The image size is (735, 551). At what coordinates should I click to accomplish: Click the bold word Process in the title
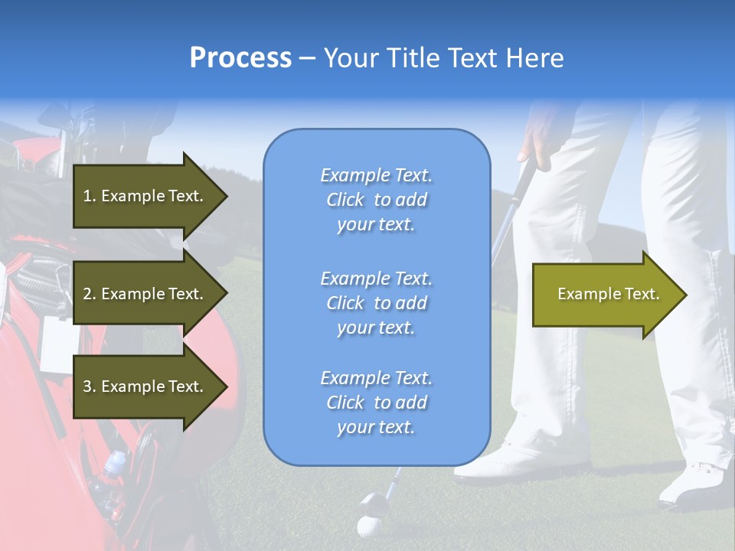click(x=240, y=58)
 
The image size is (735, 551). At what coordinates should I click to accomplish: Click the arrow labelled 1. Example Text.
click(x=145, y=196)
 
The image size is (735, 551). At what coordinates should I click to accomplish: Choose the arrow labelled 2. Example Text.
click(x=145, y=294)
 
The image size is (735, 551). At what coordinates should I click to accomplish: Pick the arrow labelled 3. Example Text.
click(x=145, y=386)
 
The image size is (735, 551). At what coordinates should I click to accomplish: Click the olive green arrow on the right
click(x=605, y=295)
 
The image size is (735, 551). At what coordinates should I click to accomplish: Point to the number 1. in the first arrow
click(x=90, y=196)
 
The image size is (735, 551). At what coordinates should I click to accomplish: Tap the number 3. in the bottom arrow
click(x=90, y=386)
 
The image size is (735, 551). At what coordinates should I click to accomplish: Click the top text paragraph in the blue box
click(x=376, y=200)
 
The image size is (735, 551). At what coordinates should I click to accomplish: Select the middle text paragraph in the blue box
click(x=376, y=303)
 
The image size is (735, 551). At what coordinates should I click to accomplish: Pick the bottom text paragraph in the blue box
click(x=376, y=403)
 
